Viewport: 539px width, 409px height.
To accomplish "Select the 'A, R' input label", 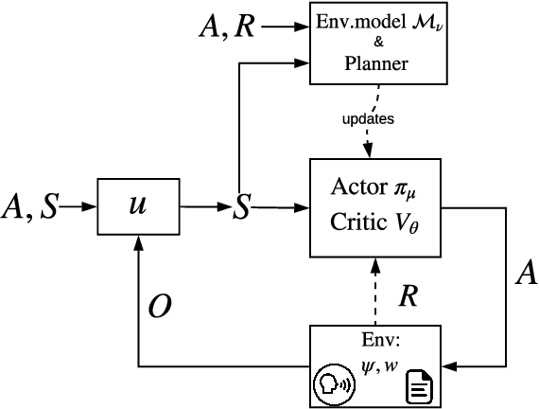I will [x=225, y=27].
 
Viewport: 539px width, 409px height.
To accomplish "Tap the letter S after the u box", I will [x=242, y=207].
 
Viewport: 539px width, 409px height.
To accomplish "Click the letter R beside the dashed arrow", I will [x=408, y=293].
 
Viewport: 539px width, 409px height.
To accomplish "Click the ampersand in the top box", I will [x=375, y=44].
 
